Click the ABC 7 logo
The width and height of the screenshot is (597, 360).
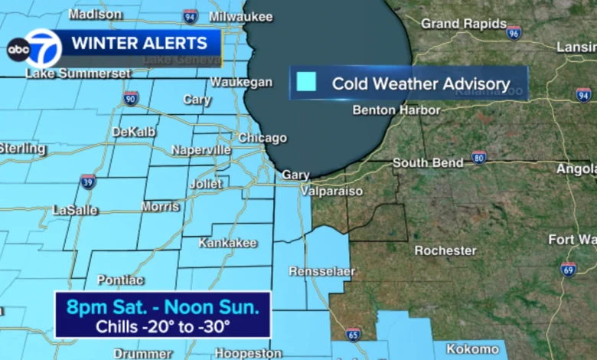pos(34,49)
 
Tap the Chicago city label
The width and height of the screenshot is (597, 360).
pos(262,139)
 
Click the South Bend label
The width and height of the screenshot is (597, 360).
pos(428,163)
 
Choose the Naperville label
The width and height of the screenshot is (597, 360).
pos(201,150)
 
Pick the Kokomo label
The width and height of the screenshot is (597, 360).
pos(471,349)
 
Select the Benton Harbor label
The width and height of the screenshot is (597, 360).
pos(396,110)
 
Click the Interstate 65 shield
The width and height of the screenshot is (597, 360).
pos(353,333)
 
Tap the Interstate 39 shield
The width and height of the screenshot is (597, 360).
pos(88,182)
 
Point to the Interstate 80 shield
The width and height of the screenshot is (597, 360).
pos(479,157)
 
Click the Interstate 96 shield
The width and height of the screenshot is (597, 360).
pos(514,32)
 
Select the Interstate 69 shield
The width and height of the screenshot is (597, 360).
pos(567,269)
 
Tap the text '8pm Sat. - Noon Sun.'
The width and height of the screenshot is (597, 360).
pos(163,308)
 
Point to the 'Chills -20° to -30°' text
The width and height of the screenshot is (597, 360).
pos(162,326)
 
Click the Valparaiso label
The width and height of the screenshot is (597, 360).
pos(331,191)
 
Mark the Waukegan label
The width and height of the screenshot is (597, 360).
pos(241,82)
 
